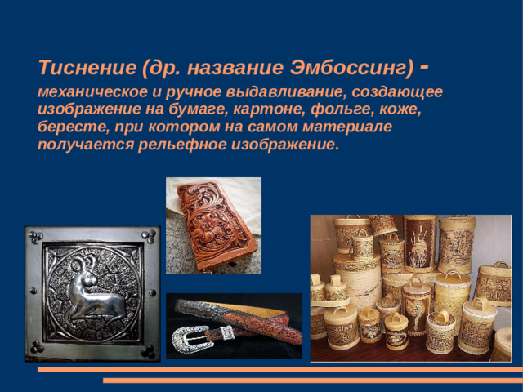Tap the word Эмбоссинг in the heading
click(x=352, y=65)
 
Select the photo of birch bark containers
click(x=409, y=287)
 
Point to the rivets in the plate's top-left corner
click(x=35, y=237)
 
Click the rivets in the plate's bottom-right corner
click(x=149, y=350)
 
